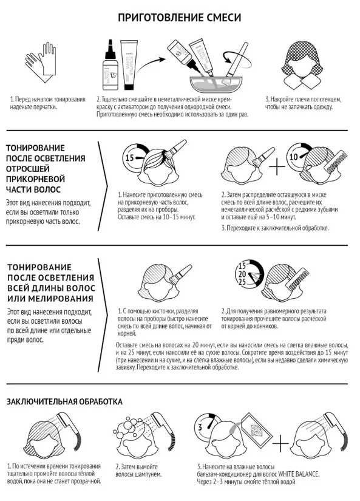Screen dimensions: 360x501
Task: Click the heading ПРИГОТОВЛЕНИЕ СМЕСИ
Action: [180, 18]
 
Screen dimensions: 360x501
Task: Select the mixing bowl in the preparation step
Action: [212, 83]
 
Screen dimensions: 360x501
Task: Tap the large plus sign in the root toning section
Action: [277, 167]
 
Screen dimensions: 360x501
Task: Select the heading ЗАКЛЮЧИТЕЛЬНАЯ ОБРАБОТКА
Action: [64, 401]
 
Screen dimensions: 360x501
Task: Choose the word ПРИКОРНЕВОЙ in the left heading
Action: [35, 179]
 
